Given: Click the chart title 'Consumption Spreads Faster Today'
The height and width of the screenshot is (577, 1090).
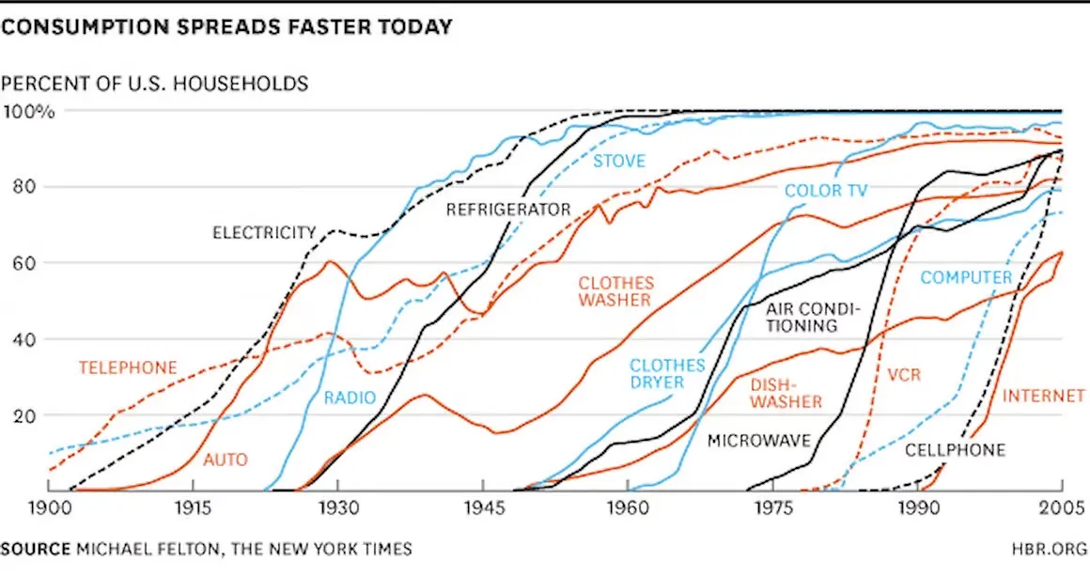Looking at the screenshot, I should coord(226,27).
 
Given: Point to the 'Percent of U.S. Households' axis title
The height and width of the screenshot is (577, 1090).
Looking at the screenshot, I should coord(154,84).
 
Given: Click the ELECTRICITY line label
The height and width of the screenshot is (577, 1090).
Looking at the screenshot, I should coord(263,232).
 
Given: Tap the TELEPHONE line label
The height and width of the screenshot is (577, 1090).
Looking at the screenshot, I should coord(128,367).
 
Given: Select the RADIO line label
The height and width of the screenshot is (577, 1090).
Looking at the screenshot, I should coord(350,398).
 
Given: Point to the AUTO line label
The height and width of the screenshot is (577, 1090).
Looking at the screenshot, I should coord(226,460).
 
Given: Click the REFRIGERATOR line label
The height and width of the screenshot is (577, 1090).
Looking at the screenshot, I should coord(508,210).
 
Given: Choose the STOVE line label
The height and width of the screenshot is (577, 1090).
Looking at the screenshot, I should coord(618,161).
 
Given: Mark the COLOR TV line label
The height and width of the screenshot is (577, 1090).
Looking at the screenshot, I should coord(826,191).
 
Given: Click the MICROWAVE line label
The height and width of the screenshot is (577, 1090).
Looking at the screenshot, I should coord(758,440).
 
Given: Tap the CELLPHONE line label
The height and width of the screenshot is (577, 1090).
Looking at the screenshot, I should coord(955,450).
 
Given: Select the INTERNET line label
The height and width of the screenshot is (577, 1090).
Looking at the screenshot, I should coord(1043,397).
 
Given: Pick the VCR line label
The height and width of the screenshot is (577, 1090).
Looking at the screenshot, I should coord(904,375).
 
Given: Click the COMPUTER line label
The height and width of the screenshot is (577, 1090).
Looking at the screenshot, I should coord(966,277).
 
